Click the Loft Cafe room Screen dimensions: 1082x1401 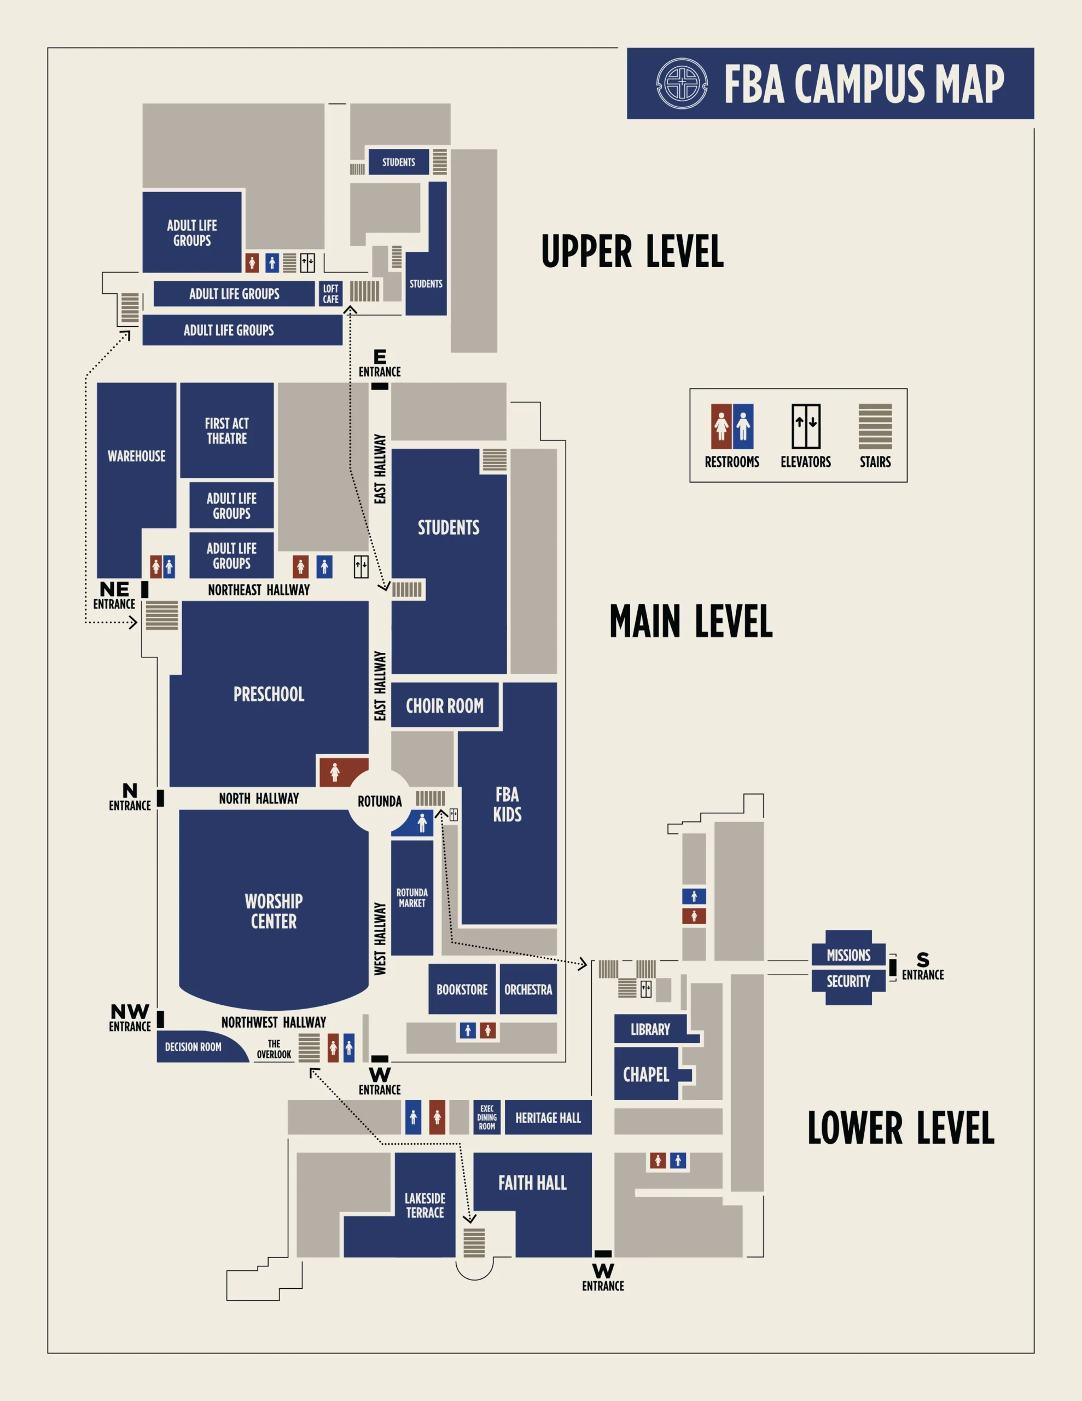330,294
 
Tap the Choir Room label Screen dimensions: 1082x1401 445,705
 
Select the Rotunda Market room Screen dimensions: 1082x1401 412,898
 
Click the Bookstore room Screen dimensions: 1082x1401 462,989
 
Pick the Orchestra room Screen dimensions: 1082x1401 528,989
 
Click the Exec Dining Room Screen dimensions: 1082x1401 487,1117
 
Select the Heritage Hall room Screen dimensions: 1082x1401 548,1117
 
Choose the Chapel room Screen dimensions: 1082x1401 647,1074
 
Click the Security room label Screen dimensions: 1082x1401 848,981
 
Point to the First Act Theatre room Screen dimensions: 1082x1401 227,431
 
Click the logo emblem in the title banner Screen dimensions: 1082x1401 682,83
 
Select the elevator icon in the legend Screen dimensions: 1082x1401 806,426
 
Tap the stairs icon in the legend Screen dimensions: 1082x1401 875,426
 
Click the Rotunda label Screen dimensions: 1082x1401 380,801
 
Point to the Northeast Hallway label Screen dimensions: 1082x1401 259,589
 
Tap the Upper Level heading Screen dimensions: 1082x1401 632,251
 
